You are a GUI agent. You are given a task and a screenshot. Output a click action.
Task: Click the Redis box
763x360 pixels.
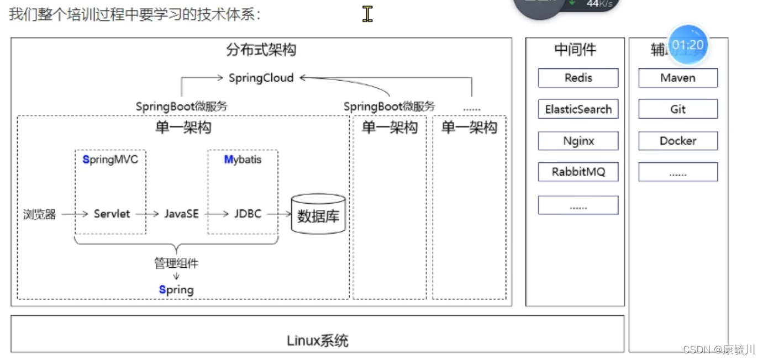tap(578, 78)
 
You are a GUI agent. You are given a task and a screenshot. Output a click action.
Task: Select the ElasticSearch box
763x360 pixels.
tap(578, 109)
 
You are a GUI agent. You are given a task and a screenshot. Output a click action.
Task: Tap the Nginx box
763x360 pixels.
tap(578, 141)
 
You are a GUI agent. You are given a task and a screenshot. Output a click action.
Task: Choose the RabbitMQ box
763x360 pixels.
tap(578, 172)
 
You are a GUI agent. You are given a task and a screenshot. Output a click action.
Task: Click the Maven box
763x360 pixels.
tap(678, 78)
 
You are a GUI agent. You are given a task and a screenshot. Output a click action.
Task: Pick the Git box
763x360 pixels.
tap(678, 109)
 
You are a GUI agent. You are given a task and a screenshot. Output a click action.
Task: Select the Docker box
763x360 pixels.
tap(678, 141)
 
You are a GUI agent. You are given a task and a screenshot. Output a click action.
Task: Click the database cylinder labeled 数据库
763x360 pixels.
tap(318, 214)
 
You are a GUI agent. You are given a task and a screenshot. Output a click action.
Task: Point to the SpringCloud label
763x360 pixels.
tap(261, 78)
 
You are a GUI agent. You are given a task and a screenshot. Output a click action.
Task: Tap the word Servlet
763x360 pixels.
tap(112, 214)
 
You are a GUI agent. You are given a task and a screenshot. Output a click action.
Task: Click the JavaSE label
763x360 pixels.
tap(181, 214)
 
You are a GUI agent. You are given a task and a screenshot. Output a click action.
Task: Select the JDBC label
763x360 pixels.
tap(248, 214)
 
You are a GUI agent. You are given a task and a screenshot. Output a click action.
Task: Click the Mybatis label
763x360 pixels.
tap(243, 160)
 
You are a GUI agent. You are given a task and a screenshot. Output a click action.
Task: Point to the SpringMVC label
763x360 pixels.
tap(110, 160)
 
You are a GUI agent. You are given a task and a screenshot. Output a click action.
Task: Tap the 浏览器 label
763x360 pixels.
tap(40, 214)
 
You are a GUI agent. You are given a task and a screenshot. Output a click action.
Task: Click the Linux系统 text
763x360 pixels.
tap(318, 341)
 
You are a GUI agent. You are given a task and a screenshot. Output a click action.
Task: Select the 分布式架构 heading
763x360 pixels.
tap(261, 50)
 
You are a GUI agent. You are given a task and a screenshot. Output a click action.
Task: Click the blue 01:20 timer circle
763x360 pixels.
tap(688, 45)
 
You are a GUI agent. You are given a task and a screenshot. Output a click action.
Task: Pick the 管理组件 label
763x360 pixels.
tap(176, 263)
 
